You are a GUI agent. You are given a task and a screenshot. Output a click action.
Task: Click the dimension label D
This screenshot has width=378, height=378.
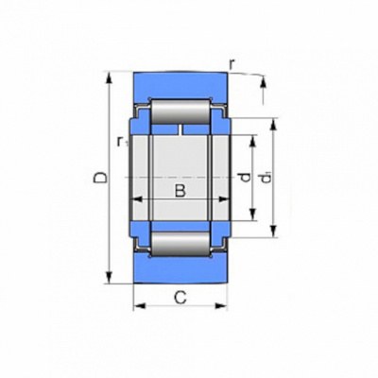[x=101, y=178]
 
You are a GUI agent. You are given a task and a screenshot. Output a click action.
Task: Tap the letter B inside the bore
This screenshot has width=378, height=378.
[x=180, y=191]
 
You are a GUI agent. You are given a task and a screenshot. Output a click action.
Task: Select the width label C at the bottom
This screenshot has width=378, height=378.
[x=180, y=298]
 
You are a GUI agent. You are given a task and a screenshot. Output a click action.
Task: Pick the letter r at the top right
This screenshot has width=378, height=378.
[x=232, y=64]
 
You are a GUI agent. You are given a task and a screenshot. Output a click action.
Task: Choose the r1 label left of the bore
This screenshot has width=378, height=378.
[x=121, y=142]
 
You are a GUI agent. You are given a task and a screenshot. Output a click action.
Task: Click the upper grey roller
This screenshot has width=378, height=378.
[x=180, y=112]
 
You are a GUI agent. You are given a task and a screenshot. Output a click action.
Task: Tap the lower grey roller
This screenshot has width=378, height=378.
[x=180, y=244]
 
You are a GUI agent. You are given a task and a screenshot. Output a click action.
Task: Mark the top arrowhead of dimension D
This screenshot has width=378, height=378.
[x=110, y=77]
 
